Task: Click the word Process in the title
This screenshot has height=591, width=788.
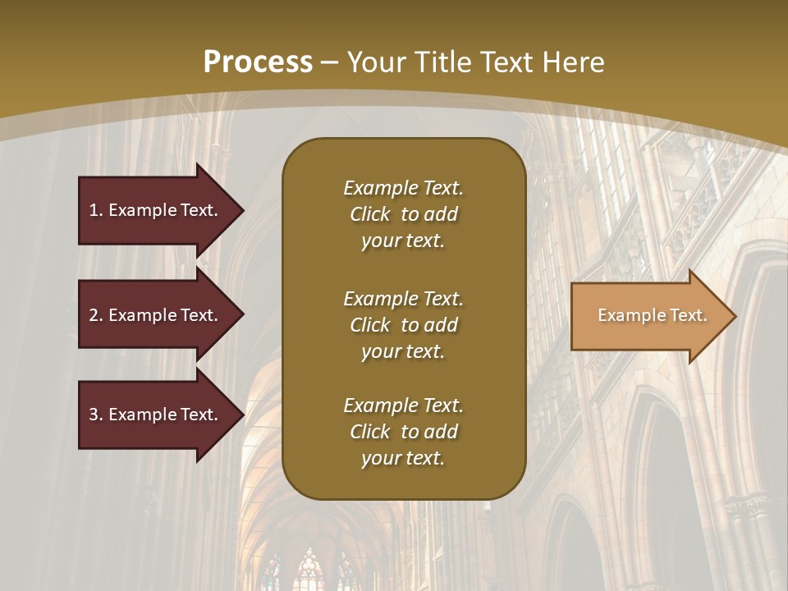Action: click(x=258, y=62)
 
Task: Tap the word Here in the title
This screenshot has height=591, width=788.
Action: click(x=575, y=62)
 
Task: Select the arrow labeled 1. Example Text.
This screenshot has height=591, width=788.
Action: click(x=156, y=210)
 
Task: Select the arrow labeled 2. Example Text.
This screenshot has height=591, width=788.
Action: click(x=156, y=315)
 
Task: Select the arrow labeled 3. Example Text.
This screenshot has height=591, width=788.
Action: click(x=156, y=415)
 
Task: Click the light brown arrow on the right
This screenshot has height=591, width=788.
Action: click(x=648, y=316)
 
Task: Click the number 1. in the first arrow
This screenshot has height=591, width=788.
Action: click(x=96, y=210)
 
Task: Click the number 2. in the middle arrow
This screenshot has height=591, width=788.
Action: click(x=96, y=315)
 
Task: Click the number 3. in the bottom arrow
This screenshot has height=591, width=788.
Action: click(x=96, y=415)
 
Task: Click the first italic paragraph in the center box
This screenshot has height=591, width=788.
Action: click(x=403, y=214)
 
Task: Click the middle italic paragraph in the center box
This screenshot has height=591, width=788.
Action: click(x=403, y=325)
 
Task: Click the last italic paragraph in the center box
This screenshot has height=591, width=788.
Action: click(x=403, y=432)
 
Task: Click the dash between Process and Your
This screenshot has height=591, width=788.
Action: click(x=329, y=62)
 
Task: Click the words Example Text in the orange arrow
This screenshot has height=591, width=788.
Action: click(x=652, y=315)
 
